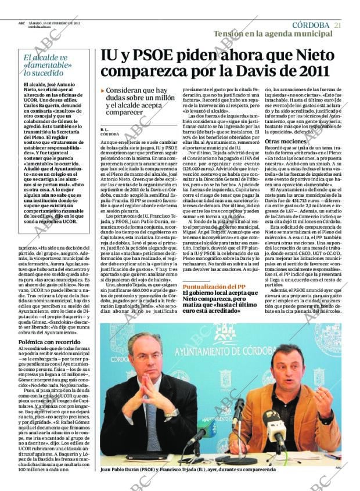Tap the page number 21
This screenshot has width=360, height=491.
point(338,25)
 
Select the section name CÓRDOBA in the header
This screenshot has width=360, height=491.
point(310,25)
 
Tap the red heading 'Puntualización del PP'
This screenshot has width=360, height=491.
point(214,287)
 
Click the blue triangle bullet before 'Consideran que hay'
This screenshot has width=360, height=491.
point(103,91)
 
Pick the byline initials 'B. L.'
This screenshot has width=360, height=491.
point(105,129)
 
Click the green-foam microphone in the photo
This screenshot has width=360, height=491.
point(207,427)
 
